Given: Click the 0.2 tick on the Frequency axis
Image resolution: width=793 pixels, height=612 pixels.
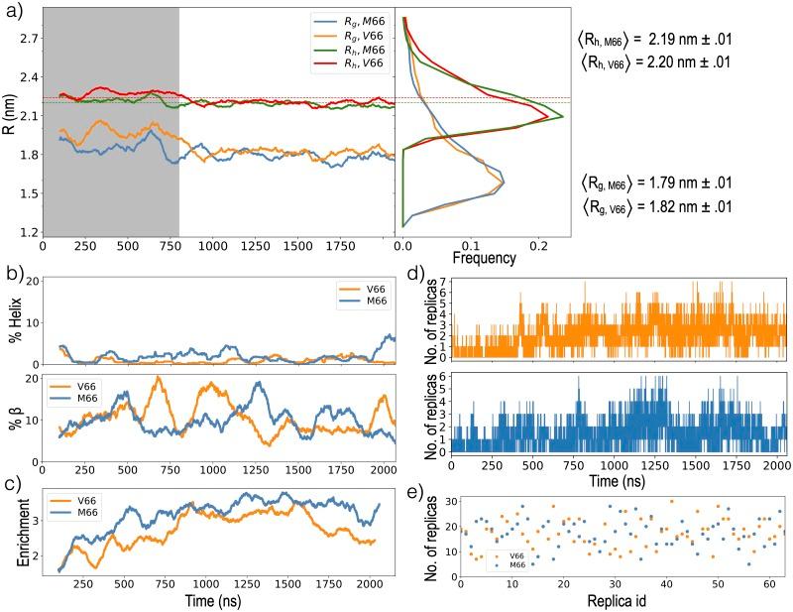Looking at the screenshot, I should click(540, 241).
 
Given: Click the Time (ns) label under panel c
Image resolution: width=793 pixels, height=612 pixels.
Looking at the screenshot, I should click(209, 600).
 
